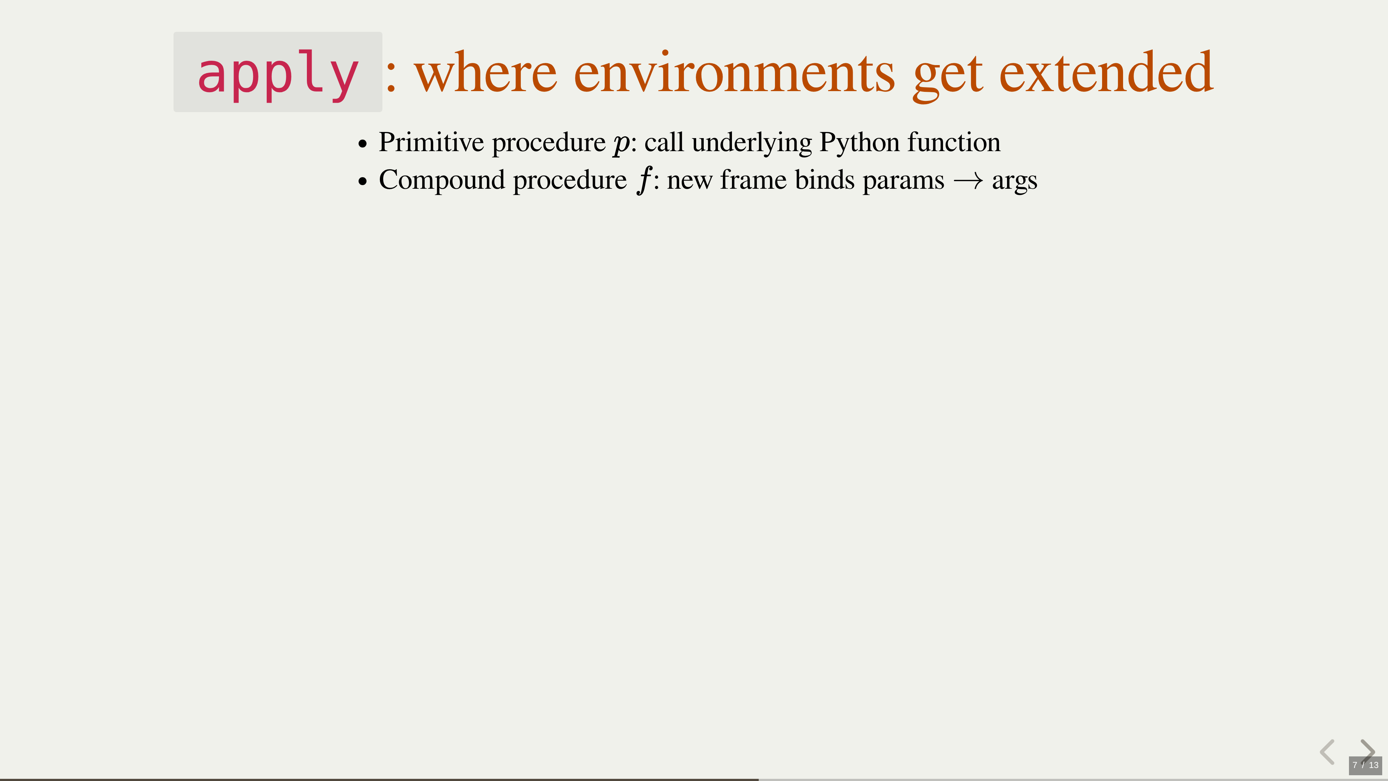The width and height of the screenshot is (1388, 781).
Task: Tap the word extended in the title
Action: [x=1106, y=71]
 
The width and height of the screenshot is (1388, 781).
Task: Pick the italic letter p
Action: [x=622, y=145]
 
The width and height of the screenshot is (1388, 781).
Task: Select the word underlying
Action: [x=752, y=144]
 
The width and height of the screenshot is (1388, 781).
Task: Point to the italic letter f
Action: [x=644, y=180]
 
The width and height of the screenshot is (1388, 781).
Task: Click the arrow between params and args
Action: [x=968, y=182]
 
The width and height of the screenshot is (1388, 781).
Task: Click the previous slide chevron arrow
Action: [x=1328, y=752]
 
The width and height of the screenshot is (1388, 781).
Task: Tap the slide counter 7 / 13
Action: [x=1365, y=765]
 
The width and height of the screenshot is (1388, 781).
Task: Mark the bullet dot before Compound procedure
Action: [x=363, y=182]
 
